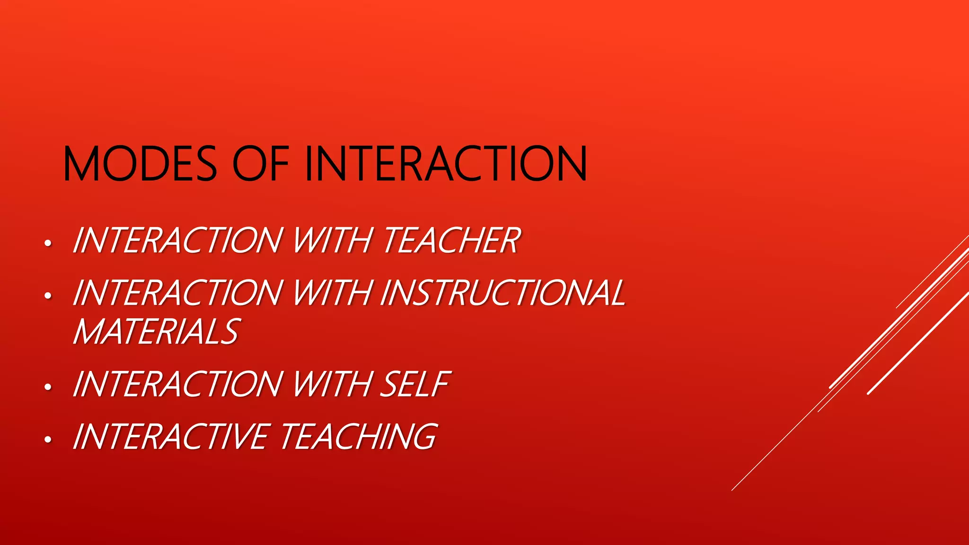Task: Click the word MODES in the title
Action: click(140, 164)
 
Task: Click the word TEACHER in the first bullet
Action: click(452, 240)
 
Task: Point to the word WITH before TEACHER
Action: click(332, 240)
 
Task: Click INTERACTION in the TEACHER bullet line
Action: click(178, 240)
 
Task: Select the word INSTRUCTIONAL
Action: click(503, 293)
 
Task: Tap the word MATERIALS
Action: click(157, 332)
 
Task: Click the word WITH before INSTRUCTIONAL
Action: click(332, 293)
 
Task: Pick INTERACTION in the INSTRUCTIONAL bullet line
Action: click(178, 293)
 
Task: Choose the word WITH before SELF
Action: click(332, 384)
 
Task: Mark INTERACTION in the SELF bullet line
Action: click(178, 384)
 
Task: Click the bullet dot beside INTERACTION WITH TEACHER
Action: click(47, 244)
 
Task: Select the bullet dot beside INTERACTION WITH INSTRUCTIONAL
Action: click(47, 296)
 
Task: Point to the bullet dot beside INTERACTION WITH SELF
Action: click(47, 387)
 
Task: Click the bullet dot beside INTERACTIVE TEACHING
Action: click(47, 440)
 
